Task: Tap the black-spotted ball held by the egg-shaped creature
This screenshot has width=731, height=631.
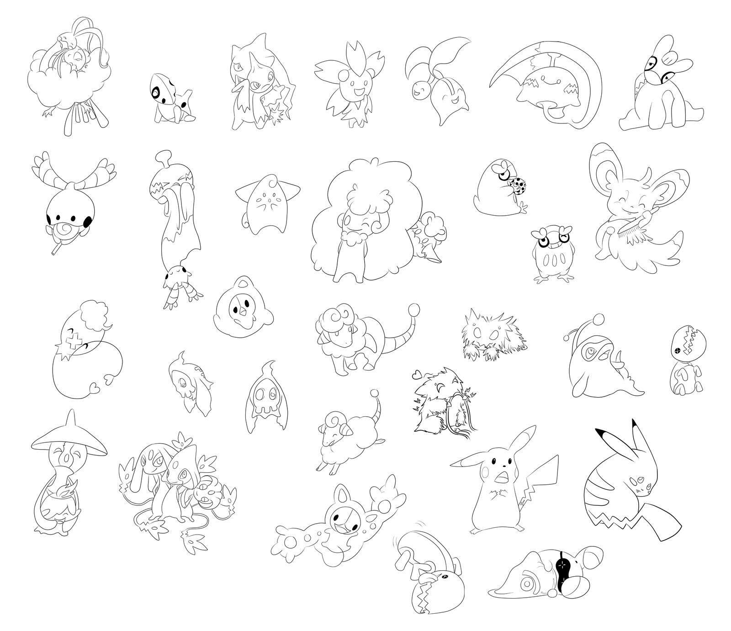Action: [519, 186]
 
